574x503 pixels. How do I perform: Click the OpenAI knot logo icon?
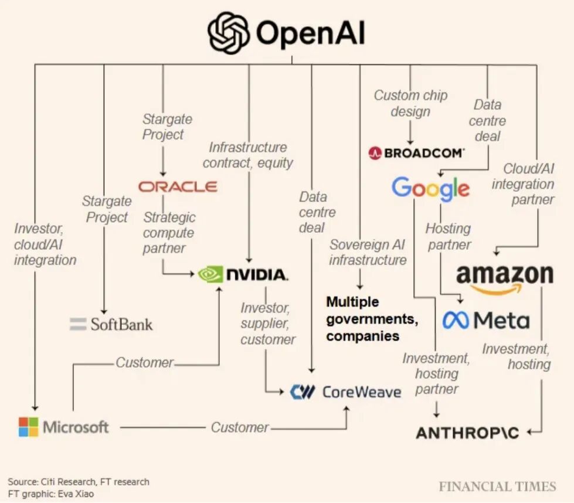(229, 32)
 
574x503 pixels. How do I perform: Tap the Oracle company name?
(178, 186)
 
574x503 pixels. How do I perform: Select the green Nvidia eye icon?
(210, 274)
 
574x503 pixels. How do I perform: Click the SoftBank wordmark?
(121, 324)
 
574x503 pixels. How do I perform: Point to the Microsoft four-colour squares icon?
(29, 427)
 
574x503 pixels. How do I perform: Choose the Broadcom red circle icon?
(375, 152)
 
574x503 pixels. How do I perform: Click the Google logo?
(430, 189)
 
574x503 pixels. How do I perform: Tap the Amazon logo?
(505, 278)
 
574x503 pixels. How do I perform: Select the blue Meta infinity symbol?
(456, 321)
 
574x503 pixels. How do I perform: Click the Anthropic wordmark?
(467, 433)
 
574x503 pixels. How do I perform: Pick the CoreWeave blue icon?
(303, 392)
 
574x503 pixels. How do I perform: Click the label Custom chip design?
(410, 103)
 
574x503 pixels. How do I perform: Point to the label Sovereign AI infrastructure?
(368, 252)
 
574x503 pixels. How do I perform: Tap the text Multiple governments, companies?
(372, 319)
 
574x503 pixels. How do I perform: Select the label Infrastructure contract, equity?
(248, 155)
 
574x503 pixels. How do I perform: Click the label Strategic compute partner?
(169, 233)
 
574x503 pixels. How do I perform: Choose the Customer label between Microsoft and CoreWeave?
(239, 427)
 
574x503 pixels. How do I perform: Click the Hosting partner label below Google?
(449, 236)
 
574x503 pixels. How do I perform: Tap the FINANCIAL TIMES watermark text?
(498, 487)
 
